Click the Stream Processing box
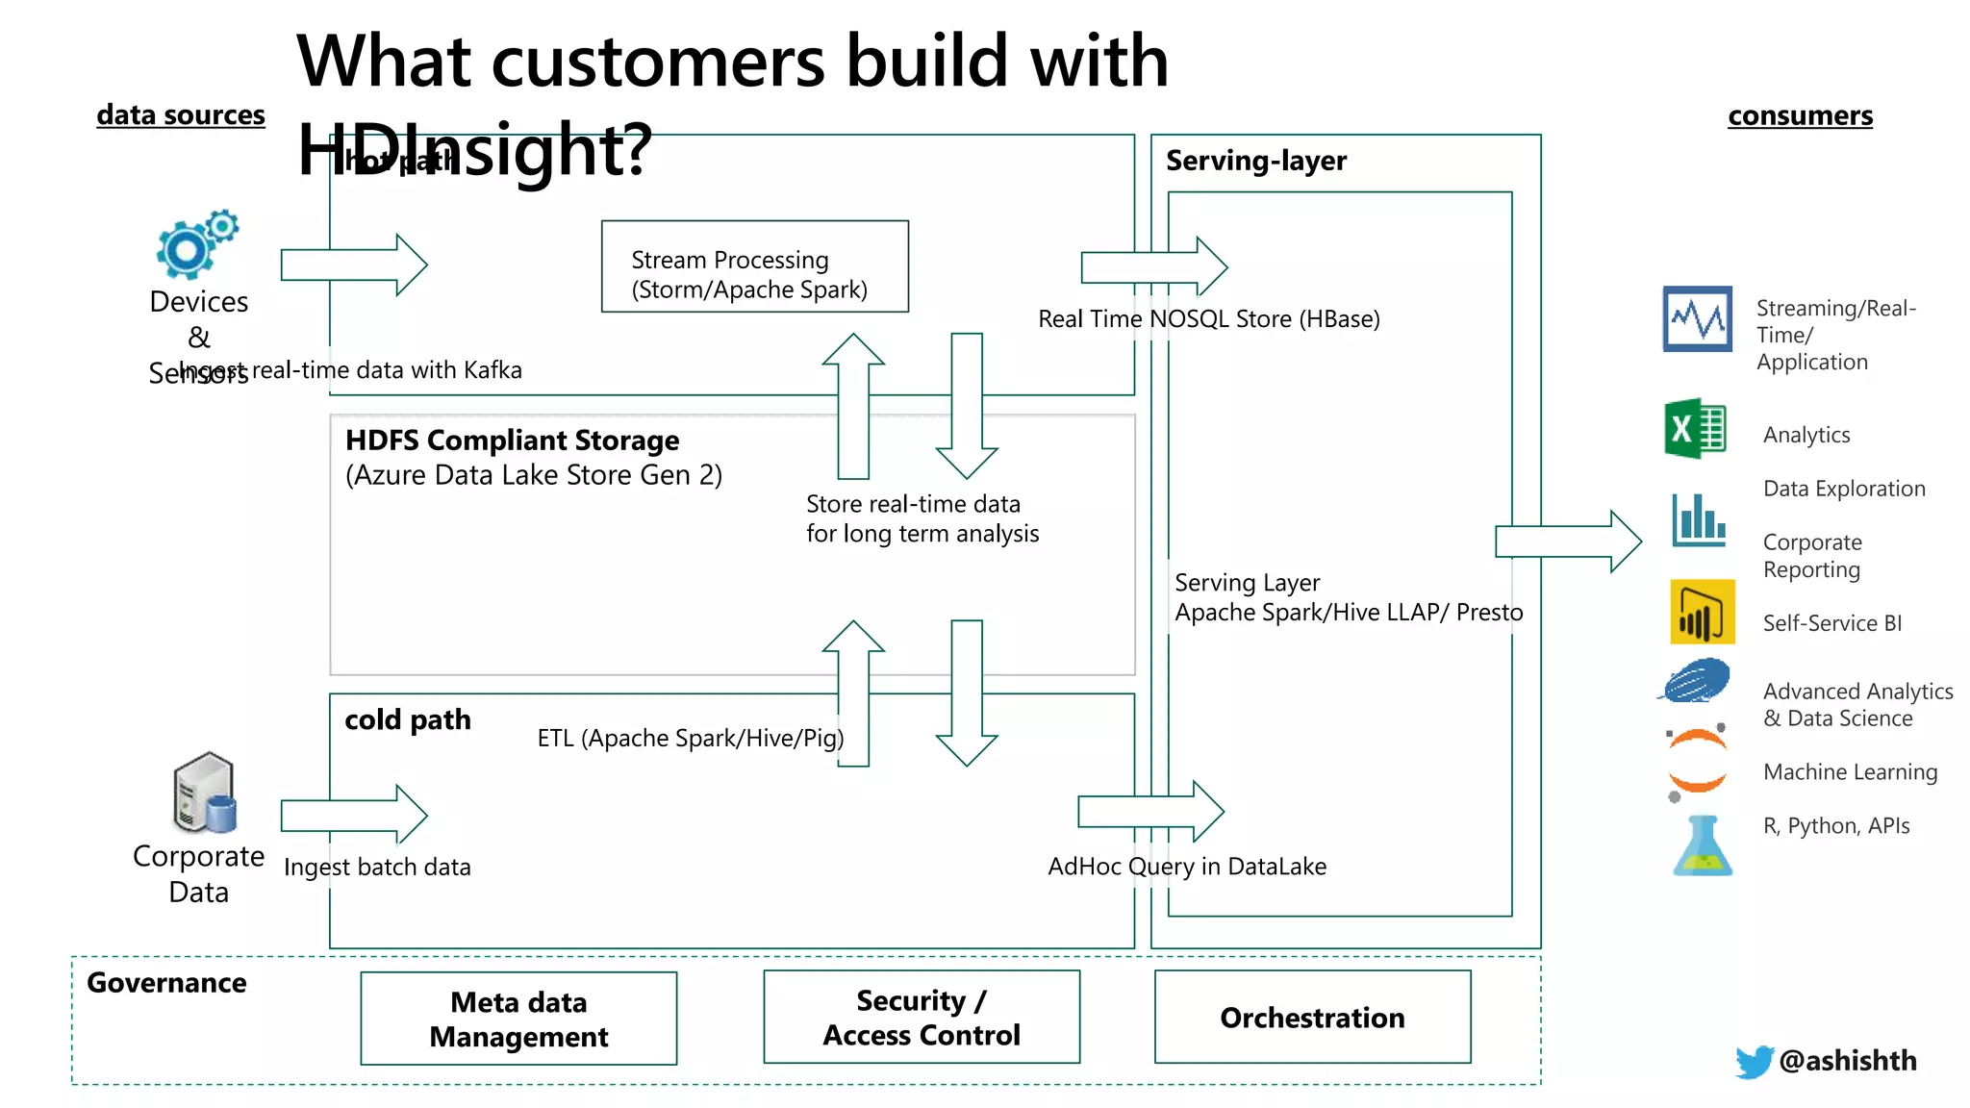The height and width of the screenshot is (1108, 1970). click(x=754, y=266)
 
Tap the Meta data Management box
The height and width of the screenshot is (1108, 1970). click(x=518, y=1019)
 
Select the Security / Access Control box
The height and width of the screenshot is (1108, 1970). click(x=921, y=1018)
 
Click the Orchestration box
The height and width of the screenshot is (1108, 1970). click(x=1312, y=1018)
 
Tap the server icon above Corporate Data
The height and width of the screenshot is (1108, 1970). click(x=204, y=793)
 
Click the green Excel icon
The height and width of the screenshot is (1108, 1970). click(x=1695, y=429)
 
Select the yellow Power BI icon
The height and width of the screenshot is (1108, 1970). click(x=1702, y=612)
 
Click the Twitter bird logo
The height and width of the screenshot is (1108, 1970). click(x=1754, y=1061)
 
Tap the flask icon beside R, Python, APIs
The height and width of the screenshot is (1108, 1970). click(x=1702, y=846)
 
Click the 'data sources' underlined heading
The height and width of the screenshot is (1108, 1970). click(x=181, y=115)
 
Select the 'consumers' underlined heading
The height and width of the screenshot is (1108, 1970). click(x=1800, y=116)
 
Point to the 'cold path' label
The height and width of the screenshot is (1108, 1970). click(x=408, y=719)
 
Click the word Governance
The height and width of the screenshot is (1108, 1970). click(x=166, y=983)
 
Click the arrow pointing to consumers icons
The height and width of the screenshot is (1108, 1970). click(x=1568, y=541)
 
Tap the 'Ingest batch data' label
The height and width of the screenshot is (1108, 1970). click(x=377, y=867)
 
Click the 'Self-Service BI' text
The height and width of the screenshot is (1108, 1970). click(x=1831, y=623)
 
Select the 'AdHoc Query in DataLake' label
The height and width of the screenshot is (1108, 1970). click(x=1186, y=867)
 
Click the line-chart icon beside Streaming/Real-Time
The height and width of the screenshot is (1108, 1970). click(x=1697, y=318)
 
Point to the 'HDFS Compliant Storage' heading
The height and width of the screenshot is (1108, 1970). click(x=512, y=441)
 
